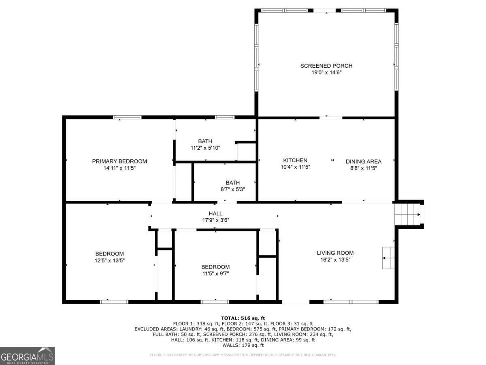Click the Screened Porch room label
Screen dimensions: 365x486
point(326,66)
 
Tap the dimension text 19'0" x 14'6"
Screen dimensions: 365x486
point(326,73)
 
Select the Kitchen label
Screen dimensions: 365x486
point(295,160)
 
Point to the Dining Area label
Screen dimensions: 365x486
point(363,161)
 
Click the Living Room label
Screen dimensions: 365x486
point(335,253)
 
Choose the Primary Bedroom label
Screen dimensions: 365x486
point(119,161)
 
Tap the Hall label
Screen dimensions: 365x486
point(215,213)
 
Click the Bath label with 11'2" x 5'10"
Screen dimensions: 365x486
point(205,141)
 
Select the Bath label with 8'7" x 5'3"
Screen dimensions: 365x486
point(232,182)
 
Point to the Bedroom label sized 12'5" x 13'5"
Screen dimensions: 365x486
point(109,254)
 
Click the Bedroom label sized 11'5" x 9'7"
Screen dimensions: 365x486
point(215,267)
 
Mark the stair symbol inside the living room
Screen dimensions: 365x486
point(388,258)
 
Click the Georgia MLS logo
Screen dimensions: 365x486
point(27,356)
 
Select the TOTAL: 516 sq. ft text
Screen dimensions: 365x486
point(243,318)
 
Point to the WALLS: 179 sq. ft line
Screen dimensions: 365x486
point(243,345)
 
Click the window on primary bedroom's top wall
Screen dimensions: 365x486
point(127,117)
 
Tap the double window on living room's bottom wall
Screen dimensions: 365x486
point(351,301)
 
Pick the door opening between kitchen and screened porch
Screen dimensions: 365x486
point(331,118)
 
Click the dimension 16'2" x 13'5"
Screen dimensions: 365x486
point(335,260)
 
